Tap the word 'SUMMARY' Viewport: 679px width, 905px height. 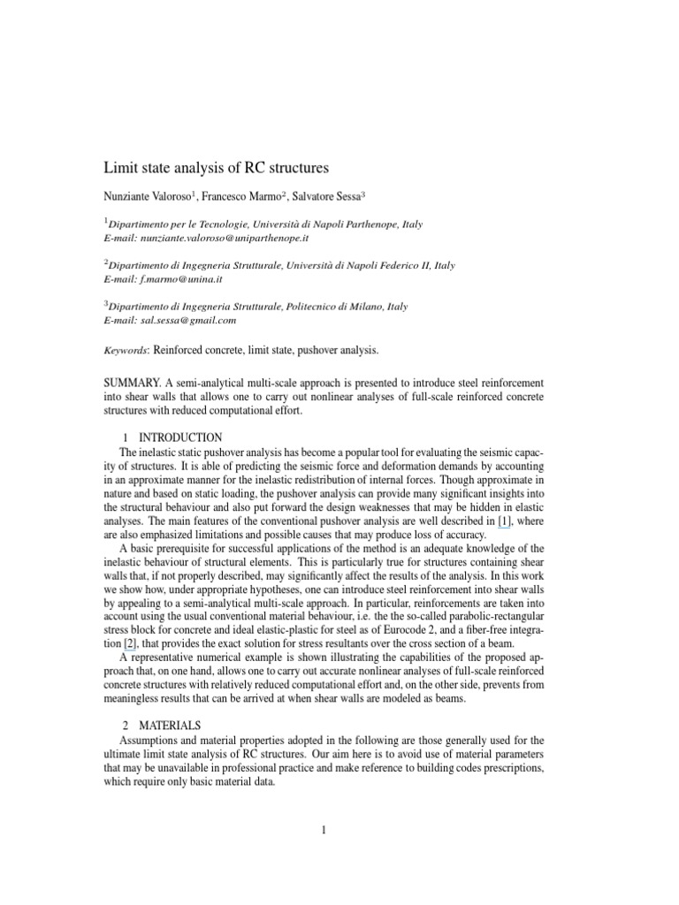pos(132,382)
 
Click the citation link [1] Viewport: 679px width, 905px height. pos(504,522)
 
